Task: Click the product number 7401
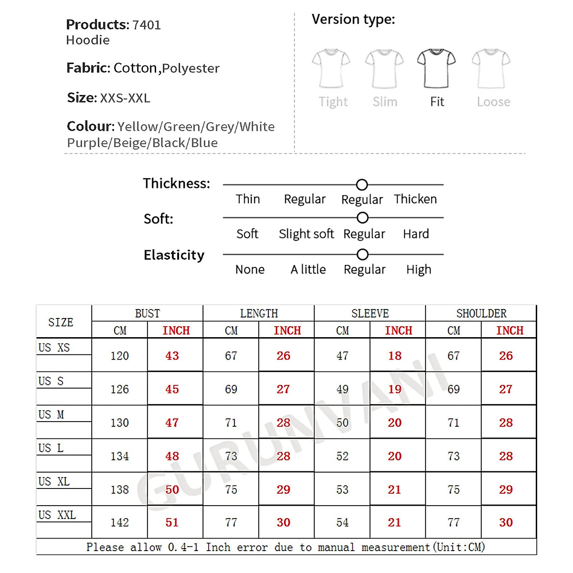click(x=147, y=25)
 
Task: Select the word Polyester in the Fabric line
click(x=191, y=68)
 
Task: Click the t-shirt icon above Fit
click(x=436, y=68)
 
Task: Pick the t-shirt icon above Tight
click(x=331, y=68)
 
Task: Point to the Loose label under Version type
click(x=493, y=102)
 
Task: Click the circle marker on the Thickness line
click(x=362, y=185)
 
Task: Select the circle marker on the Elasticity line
click(x=362, y=255)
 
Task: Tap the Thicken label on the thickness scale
click(x=415, y=199)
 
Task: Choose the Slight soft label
click(x=306, y=234)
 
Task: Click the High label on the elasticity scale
click(x=419, y=270)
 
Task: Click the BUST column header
click(x=147, y=314)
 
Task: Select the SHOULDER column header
click(x=481, y=314)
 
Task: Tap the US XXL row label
click(x=57, y=515)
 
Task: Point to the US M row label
click(x=51, y=415)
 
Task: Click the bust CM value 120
click(x=119, y=356)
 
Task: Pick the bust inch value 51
click(x=172, y=523)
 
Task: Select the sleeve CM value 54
click(x=342, y=523)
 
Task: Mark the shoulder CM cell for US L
click(x=453, y=456)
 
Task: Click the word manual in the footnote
click(x=336, y=547)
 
